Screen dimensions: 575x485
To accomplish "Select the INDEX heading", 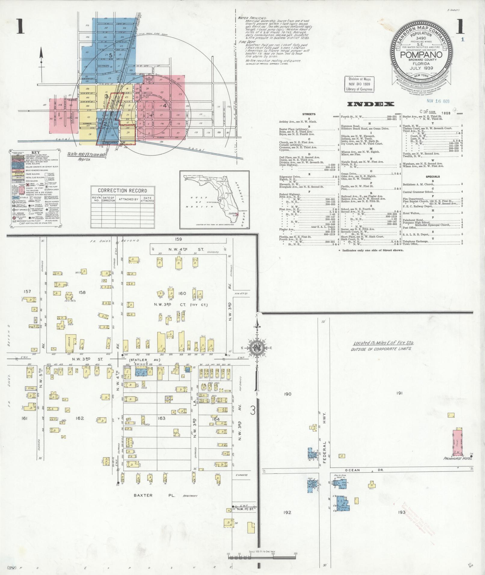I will click(370, 104).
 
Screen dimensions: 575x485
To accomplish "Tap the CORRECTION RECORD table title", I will click(122, 191).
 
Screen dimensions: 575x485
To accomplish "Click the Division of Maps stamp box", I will click(360, 84).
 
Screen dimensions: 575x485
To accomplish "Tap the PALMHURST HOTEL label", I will click(458, 458).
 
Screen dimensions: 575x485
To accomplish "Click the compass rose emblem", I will click(257, 348).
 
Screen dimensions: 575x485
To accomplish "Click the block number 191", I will click(399, 393).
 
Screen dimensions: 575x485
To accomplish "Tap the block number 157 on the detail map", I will click(27, 291).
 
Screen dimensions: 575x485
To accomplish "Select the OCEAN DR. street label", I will click(361, 470).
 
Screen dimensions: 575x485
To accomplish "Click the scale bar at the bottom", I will click(262, 557).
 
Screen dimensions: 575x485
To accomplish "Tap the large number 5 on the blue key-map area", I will click(110, 55).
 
